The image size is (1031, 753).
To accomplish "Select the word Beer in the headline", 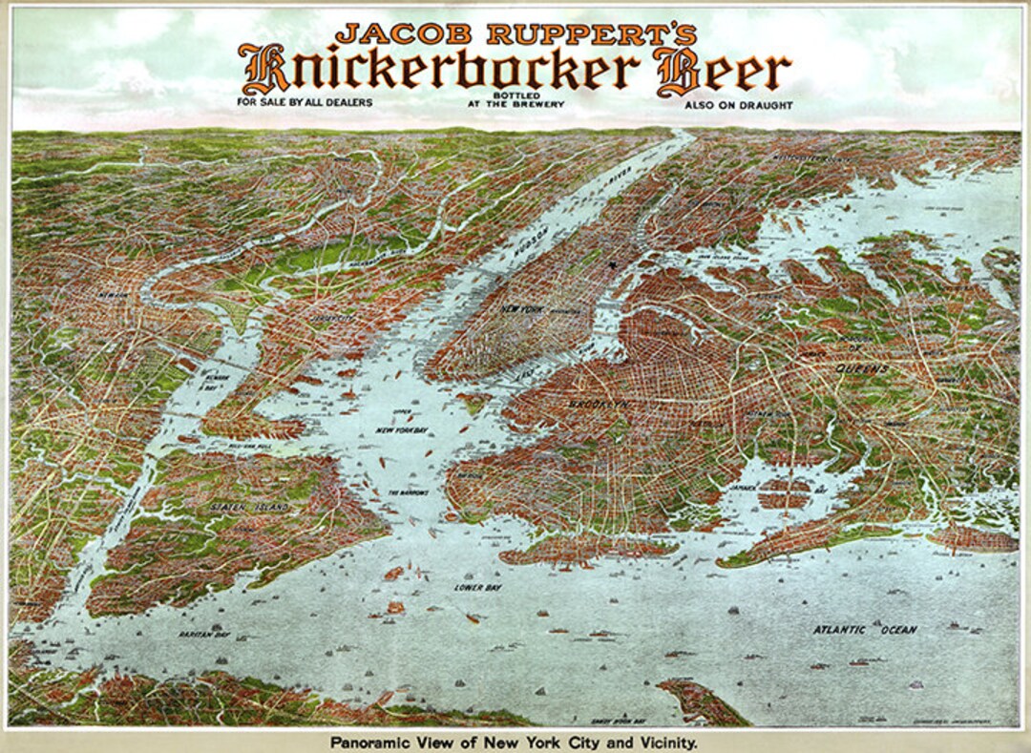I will pos(723,71).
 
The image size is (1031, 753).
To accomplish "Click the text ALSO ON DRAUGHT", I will pos(738,104).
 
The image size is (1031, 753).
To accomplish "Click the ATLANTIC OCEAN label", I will pos(865,630).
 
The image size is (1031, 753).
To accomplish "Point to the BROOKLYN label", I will pos(600,405).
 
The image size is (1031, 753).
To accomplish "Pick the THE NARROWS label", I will pos(408,492).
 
